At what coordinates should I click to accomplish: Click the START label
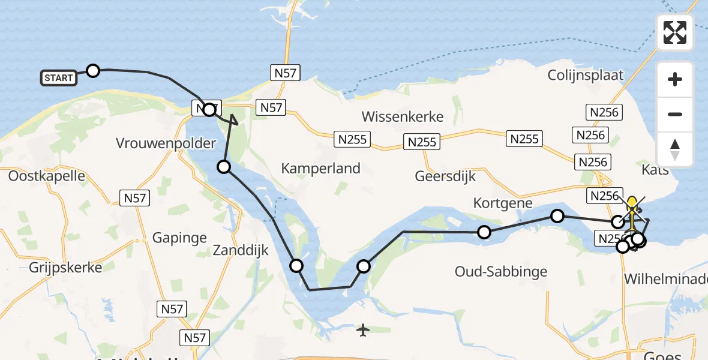coord(59,77)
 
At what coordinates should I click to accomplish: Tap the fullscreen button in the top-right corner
coord(675,32)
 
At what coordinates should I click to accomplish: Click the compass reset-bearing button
coord(675,150)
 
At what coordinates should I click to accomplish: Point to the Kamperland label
coord(321,168)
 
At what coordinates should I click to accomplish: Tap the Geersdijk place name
coord(445,176)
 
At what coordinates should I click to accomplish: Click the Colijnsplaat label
coord(586,76)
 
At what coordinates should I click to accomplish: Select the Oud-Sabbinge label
coord(501,272)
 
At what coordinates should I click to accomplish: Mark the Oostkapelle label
coord(47,176)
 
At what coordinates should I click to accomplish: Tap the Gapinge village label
coord(179,238)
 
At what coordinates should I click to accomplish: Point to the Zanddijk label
coord(241,250)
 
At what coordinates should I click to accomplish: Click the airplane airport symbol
coord(362,329)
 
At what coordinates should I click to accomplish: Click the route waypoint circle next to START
coord(93,71)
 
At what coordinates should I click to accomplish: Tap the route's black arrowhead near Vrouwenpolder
coord(233,121)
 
